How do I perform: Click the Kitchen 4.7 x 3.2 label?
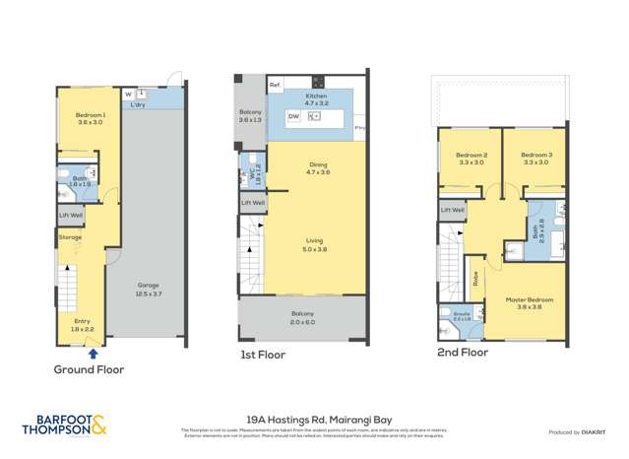point(315,98)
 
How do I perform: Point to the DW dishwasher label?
point(293,116)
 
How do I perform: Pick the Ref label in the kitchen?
point(275,84)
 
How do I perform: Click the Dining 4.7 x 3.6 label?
point(318,168)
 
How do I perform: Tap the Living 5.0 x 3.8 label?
point(318,245)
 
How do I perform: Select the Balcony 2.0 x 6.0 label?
point(300,319)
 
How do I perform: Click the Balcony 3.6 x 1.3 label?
point(250,116)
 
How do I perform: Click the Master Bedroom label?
point(531,301)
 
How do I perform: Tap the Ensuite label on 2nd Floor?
point(462,317)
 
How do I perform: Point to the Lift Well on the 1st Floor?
point(253,203)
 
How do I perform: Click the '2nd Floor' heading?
point(463,351)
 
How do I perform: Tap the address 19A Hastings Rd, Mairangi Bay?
point(314,418)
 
